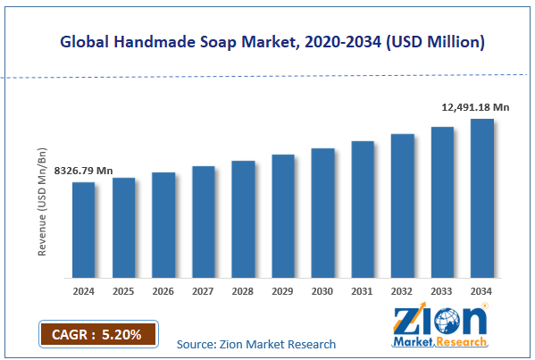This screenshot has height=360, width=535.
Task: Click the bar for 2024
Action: click(x=84, y=230)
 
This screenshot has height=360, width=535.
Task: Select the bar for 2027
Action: click(x=203, y=222)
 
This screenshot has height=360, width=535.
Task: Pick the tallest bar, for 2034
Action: click(x=482, y=197)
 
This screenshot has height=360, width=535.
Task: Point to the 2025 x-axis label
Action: click(x=123, y=291)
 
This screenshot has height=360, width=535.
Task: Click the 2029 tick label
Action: click(x=283, y=291)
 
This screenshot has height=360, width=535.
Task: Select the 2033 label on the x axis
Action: click(x=442, y=291)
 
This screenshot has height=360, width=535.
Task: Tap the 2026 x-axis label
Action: click(x=163, y=291)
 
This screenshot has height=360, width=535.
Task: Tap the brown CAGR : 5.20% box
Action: click(x=97, y=335)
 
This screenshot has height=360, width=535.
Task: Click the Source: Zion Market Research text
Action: click(x=256, y=344)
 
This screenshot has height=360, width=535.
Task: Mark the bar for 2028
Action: click(x=243, y=219)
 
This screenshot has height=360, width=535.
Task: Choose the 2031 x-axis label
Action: click(x=363, y=291)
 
